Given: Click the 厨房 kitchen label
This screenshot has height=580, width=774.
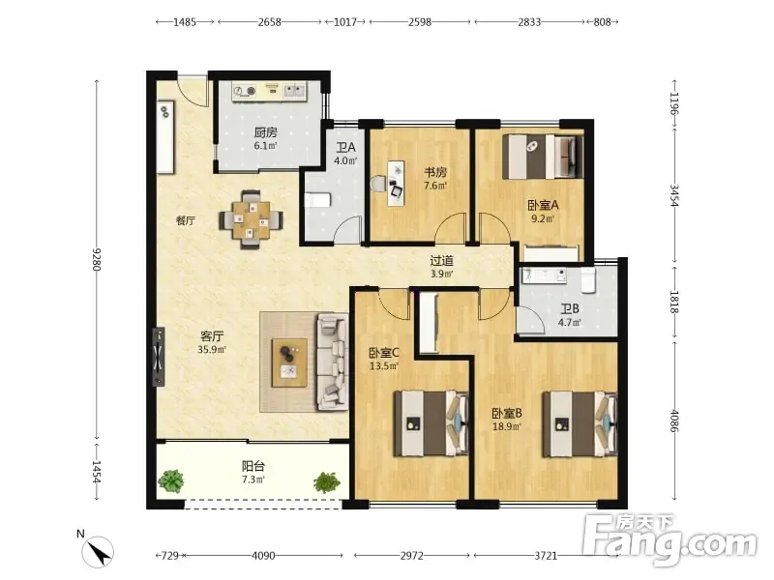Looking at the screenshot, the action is (x=265, y=132).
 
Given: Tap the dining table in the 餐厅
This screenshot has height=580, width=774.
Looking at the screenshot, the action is (x=252, y=220).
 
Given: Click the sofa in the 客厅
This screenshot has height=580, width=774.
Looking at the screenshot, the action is (x=332, y=362).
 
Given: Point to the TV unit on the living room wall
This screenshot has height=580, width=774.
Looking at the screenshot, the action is (x=159, y=356).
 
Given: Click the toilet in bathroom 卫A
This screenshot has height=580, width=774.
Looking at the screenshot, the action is (x=316, y=200).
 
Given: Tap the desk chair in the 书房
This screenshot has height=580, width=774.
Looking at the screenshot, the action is (x=378, y=184).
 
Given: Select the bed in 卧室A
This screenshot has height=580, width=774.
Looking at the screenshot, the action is (x=543, y=157).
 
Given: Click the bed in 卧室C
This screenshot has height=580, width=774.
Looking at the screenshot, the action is (x=431, y=423).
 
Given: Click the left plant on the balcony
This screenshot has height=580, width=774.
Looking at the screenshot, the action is (x=171, y=480).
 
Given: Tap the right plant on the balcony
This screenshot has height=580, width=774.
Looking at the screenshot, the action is (x=327, y=481).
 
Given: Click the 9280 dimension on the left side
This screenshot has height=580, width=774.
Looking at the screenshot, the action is (x=97, y=259).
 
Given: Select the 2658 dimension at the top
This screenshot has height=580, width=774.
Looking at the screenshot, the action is (x=270, y=21).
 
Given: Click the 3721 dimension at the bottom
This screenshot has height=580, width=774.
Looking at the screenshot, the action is (x=546, y=556).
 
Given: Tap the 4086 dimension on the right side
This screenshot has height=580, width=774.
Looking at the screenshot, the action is (x=674, y=420).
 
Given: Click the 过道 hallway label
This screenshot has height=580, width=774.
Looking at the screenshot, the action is (x=441, y=260).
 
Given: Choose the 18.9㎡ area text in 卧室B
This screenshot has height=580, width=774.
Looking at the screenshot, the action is (x=506, y=426).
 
